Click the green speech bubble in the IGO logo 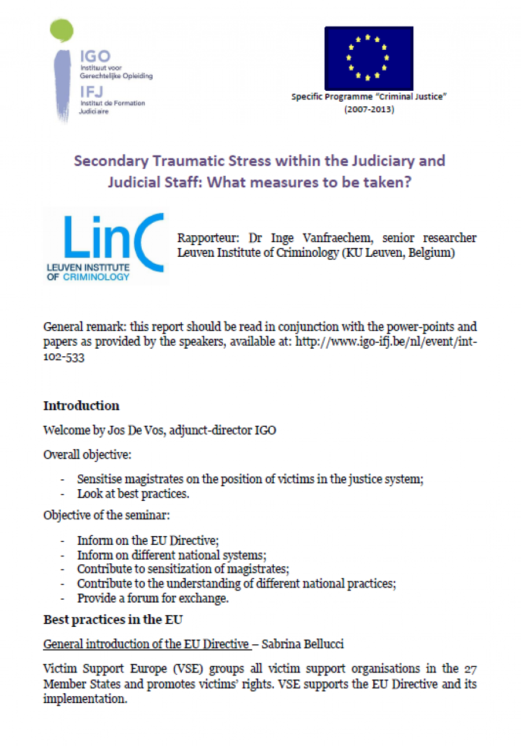pyautogui.click(x=63, y=30)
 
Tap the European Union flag pyautogui.click(x=368, y=58)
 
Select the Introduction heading pyautogui.click(x=81, y=405)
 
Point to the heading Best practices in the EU pyautogui.click(x=113, y=619)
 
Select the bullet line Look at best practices pyautogui.click(x=133, y=494)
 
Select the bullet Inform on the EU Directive pyautogui.click(x=148, y=541)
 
